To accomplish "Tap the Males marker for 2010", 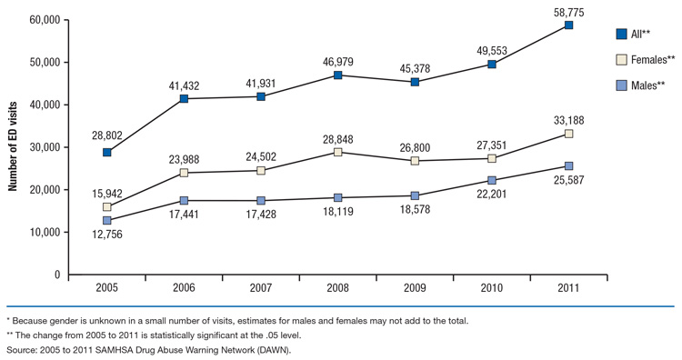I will pyautogui.click(x=492, y=181).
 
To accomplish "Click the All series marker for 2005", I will pyautogui.click(x=107, y=152).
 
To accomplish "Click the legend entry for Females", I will pyautogui.click(x=649, y=59).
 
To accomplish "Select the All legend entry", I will pyautogui.click(x=637, y=34).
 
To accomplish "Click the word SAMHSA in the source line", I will pyautogui.click(x=105, y=349).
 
